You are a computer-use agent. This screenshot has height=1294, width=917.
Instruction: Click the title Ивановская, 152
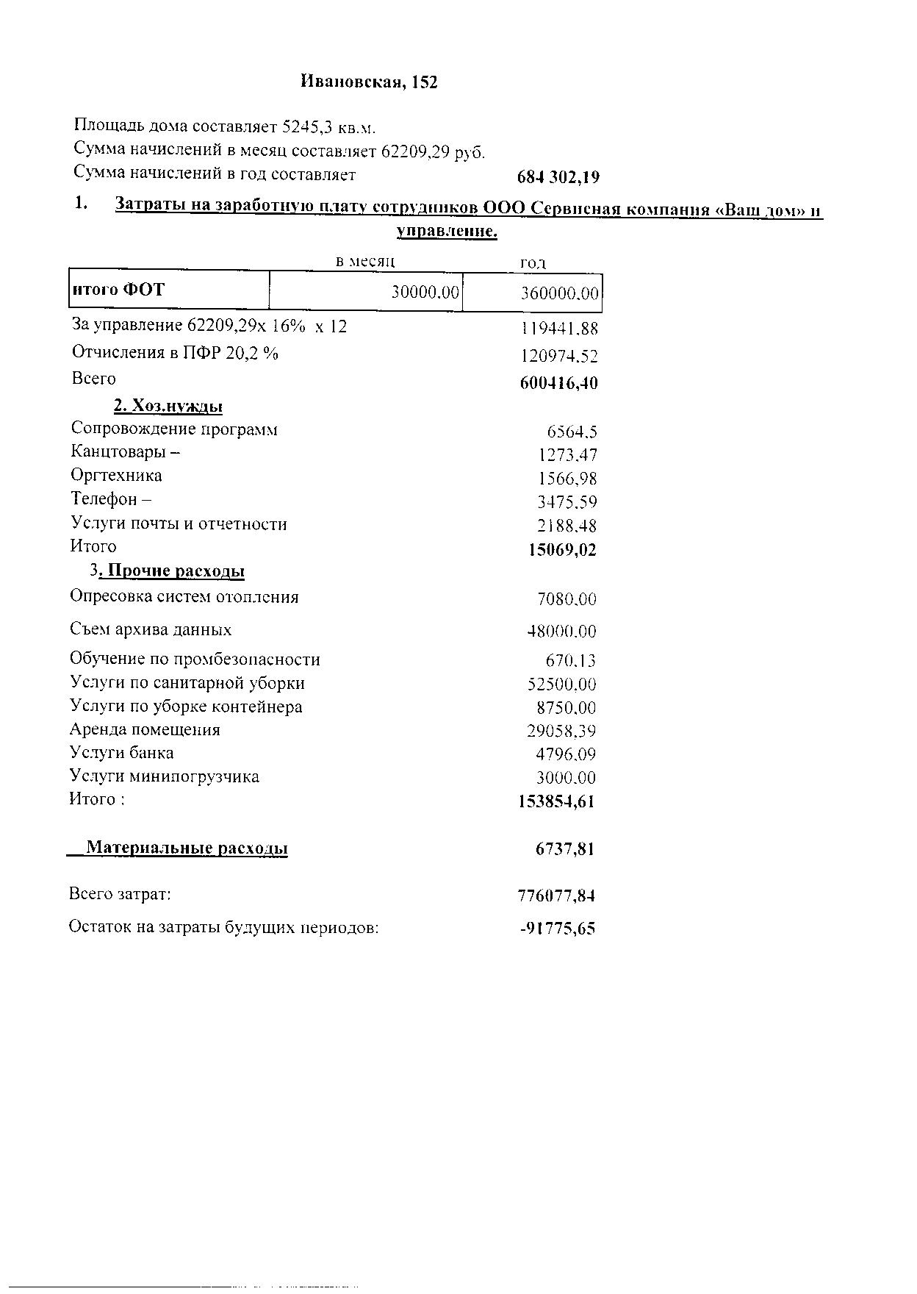pos(369,82)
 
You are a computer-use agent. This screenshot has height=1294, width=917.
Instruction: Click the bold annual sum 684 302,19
pos(558,177)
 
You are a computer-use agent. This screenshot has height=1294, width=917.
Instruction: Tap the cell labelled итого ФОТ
pos(118,290)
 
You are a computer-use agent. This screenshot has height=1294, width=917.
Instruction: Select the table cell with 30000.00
pos(425,293)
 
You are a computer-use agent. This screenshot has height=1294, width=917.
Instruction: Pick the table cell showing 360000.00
pos(559,294)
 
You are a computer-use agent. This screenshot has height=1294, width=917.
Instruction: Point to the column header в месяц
pos(365,261)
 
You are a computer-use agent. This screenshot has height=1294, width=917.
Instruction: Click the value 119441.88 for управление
pos(559,329)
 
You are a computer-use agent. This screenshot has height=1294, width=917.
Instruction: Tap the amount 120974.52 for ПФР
pos(559,357)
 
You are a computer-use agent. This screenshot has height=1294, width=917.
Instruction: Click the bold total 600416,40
pos(558,383)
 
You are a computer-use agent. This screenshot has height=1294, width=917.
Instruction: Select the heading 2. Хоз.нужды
pos(168,406)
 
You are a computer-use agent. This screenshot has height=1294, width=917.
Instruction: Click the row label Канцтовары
pos(125,452)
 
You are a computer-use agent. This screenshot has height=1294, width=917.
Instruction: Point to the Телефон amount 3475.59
pos(567,503)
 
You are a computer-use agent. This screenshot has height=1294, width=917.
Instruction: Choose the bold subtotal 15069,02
pos(562,550)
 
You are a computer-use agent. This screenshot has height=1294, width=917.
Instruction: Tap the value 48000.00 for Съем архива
pos(562,632)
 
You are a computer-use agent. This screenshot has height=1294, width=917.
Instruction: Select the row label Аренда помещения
pos(145,730)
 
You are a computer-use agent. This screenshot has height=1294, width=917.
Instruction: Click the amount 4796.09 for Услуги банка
pos(566,754)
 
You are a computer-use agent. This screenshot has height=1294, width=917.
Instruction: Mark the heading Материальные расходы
pos(187,848)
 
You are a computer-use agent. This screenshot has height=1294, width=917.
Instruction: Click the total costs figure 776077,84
pos(556,896)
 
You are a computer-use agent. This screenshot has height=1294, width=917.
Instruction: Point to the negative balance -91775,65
pos(557,929)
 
